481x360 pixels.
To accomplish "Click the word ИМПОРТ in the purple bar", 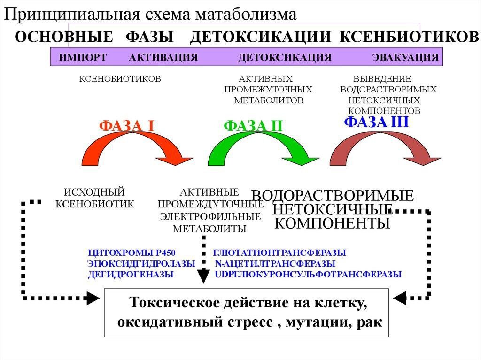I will [83, 58].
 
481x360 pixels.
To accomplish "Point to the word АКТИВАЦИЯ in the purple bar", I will [163, 58].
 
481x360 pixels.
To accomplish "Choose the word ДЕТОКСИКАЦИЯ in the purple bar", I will [285, 58].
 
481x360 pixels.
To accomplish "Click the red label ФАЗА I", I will [127, 126].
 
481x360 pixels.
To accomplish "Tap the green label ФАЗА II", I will [253, 126].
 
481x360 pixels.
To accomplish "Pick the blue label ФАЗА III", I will [377, 123].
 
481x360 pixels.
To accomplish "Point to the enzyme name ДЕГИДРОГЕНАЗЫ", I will [131, 275].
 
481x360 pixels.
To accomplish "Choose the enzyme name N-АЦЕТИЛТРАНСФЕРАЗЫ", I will [275, 264].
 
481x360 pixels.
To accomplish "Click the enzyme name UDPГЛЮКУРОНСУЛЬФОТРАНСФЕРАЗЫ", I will [308, 275].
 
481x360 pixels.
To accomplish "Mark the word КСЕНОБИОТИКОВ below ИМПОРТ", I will [120, 78].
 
